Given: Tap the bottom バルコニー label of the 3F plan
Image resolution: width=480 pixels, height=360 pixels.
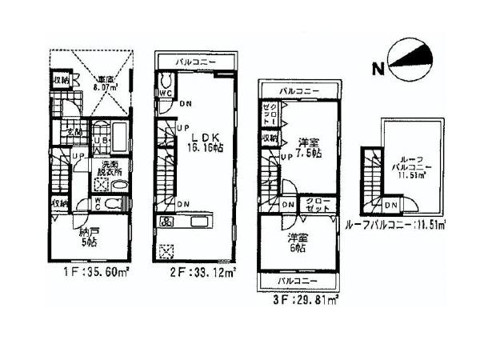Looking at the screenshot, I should [298, 282].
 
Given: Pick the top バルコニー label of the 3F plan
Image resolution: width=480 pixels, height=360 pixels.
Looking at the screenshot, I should [298, 91].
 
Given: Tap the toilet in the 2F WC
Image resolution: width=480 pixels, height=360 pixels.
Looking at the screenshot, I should [166, 82].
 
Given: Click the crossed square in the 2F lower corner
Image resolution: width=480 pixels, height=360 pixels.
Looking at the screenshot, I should [166, 252].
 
